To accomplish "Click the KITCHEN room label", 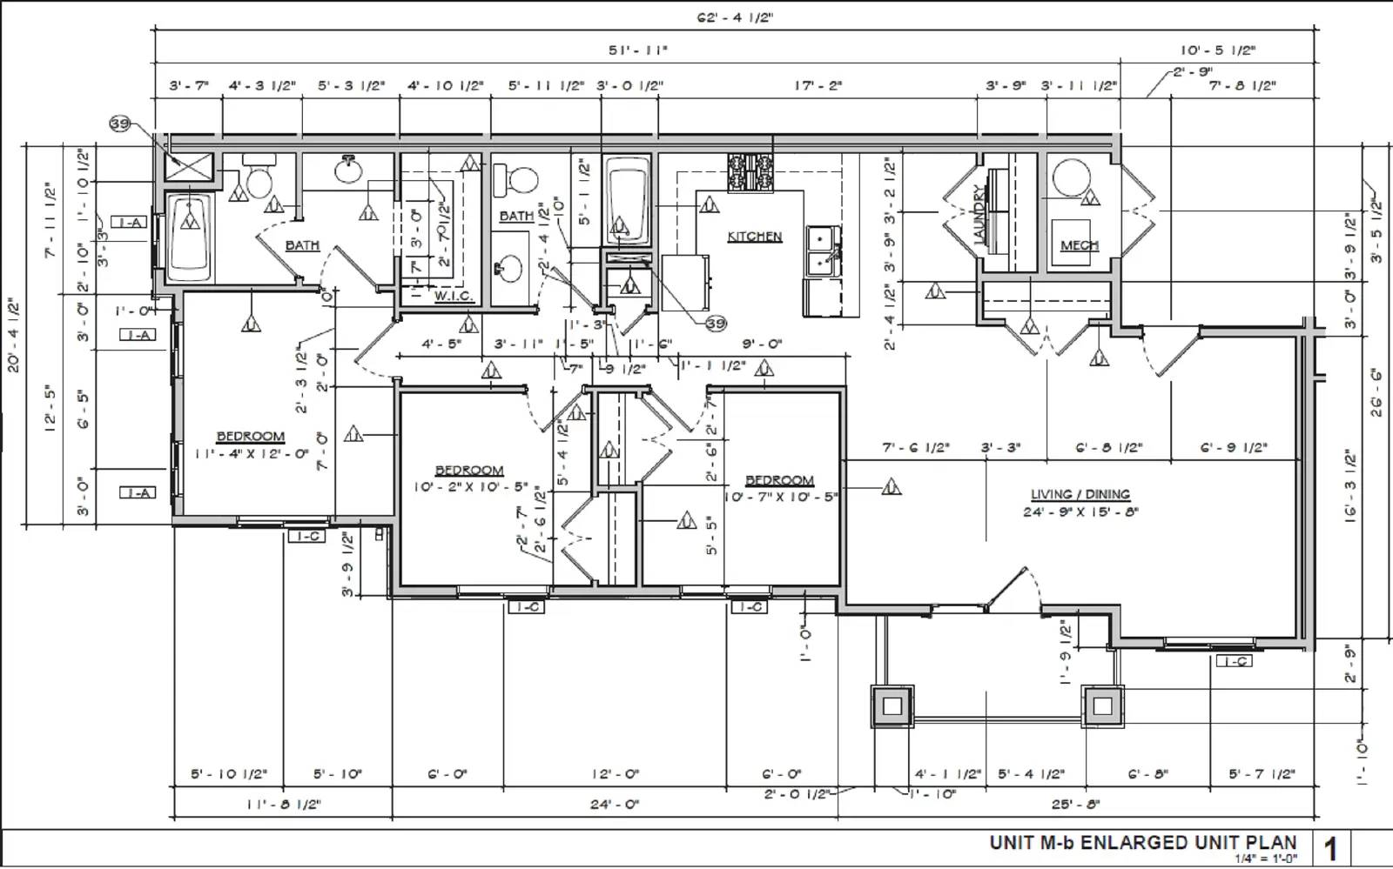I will pyautogui.click(x=754, y=237).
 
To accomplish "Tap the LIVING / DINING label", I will pyautogui.click(x=1080, y=494).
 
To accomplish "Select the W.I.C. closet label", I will pyautogui.click(x=454, y=296).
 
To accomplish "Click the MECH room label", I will pyautogui.click(x=1079, y=246).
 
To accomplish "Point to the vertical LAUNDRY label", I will pyautogui.click(x=979, y=214).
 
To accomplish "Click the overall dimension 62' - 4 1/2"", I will pyautogui.click(x=734, y=17).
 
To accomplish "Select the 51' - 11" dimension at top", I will pyautogui.click(x=638, y=50).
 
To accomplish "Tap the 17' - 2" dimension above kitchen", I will pyautogui.click(x=818, y=85).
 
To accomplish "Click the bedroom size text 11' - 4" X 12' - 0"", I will pyautogui.click(x=252, y=453).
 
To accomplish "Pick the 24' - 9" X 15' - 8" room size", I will pyautogui.click(x=1080, y=511).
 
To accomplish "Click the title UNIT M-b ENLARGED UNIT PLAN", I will pyautogui.click(x=1142, y=842).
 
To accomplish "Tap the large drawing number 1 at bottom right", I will pyautogui.click(x=1330, y=848).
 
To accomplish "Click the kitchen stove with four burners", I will pyautogui.click(x=750, y=172).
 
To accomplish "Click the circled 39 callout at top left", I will pyautogui.click(x=120, y=124).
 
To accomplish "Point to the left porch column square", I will pyautogui.click(x=892, y=706).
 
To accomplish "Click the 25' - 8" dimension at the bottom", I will pyautogui.click(x=1076, y=805).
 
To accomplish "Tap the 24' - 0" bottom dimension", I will pyautogui.click(x=615, y=805).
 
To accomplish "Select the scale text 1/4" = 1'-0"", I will pyautogui.click(x=1266, y=859).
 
